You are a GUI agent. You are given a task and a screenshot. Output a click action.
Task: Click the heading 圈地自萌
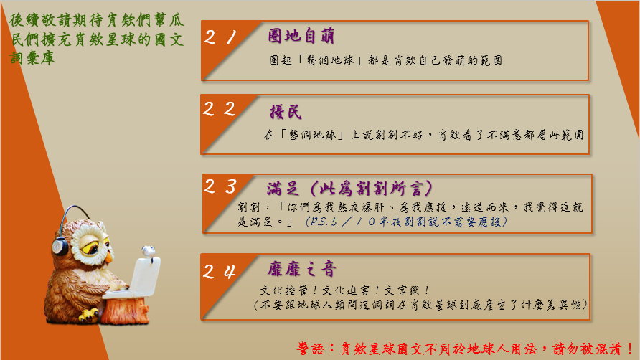[301, 36]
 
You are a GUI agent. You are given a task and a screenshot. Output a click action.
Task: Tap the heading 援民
[286, 112]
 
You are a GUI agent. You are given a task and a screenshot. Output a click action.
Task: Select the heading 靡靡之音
[301, 269]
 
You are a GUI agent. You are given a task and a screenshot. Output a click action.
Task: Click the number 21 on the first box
[220, 37]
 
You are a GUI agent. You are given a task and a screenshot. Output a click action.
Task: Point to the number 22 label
[219, 109]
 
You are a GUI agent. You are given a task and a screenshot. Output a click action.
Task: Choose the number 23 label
[220, 186]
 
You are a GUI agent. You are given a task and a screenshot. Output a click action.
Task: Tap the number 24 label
[220, 271]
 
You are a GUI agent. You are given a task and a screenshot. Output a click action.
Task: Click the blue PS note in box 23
[407, 222]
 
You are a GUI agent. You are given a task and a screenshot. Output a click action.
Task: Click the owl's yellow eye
[90, 247]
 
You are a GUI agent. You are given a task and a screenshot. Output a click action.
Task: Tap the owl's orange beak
[108, 257]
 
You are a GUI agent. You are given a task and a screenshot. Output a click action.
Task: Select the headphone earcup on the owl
[60, 246]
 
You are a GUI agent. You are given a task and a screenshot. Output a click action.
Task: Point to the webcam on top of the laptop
[149, 252]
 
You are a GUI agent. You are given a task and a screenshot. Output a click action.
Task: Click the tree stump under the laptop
[125, 311]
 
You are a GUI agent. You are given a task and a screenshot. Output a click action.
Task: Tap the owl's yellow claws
[88, 315]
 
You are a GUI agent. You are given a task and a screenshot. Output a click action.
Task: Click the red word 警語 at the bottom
[311, 349]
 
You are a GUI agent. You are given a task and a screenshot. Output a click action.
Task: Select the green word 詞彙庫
[32, 58]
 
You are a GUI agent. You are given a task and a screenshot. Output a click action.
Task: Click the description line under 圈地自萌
[386, 60]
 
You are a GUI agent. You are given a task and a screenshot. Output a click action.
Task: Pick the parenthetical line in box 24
[420, 305]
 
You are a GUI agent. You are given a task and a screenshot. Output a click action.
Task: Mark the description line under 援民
[424, 135]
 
